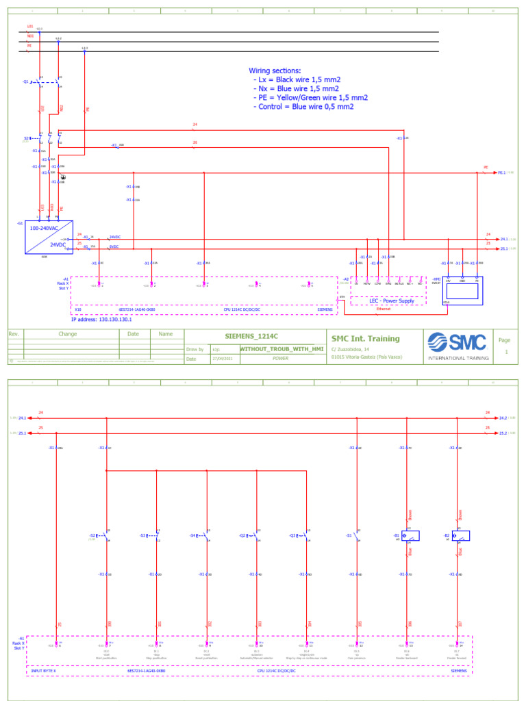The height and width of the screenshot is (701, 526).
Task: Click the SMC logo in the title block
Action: tap(457, 342)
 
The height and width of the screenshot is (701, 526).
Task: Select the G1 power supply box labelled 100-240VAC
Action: tap(50, 237)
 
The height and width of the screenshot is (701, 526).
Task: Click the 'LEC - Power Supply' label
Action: tap(392, 301)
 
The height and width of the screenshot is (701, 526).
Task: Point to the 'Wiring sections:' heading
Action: tap(274, 71)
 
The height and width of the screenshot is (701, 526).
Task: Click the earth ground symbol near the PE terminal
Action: tap(63, 177)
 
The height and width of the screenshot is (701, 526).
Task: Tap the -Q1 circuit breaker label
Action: tap(26, 81)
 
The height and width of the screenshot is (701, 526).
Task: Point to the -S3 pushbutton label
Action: tap(143, 535)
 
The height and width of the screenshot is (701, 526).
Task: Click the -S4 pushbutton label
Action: tap(193, 535)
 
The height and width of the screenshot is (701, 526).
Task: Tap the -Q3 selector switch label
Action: tap(292, 535)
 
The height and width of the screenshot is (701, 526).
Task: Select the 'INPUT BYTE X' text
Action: tap(46, 672)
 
